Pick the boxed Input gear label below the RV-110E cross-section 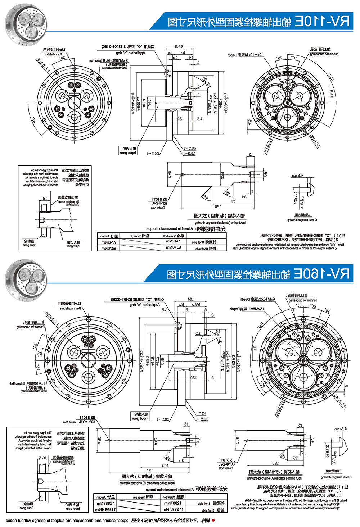click(128, 150)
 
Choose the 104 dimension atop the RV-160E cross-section click(190, 299)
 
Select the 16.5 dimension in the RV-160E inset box click(43, 458)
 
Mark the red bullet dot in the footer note click(213, 520)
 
